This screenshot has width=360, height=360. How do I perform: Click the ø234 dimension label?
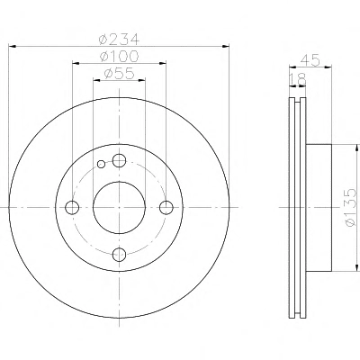(120, 39)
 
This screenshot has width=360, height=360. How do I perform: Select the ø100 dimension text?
(120, 56)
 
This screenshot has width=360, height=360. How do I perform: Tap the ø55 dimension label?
(119, 74)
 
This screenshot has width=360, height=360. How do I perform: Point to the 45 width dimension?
(310, 60)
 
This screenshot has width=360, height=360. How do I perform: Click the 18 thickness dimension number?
(298, 79)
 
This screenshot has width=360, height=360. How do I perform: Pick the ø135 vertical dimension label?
(350, 208)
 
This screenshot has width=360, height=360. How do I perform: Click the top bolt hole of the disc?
(119, 160)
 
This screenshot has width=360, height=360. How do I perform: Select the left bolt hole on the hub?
(72, 207)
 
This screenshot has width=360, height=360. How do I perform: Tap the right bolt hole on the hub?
(166, 207)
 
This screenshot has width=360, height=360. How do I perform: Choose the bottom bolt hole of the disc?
(119, 255)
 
